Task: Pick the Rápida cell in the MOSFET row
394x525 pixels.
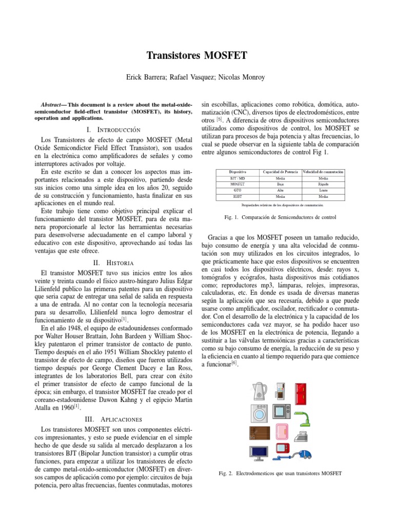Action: coord(323,183)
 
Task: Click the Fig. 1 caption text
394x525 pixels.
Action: coord(281,217)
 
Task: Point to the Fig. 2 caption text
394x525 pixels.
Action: coord(281,473)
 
